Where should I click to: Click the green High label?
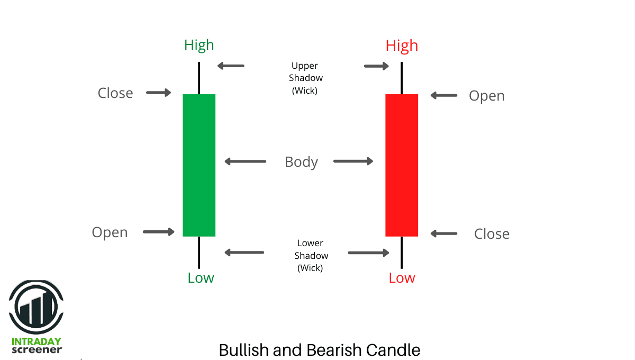pos(199,46)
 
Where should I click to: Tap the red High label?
pos(402,46)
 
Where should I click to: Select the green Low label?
pos(201,278)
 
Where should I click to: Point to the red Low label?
pos(402,278)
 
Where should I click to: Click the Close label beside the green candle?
pos(115,93)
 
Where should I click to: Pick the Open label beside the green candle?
pos(110,233)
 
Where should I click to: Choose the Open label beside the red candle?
pos(487,96)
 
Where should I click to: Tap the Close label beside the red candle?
pos(492,234)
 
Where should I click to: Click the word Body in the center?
pos(301,162)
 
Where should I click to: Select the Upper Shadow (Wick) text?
pos(305,78)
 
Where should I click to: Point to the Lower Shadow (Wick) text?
pos(311,256)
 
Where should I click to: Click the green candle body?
pos(199,165)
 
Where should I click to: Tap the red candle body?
pos(402,165)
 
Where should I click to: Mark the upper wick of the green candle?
pos(199,78)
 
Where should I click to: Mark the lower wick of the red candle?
pos(402,252)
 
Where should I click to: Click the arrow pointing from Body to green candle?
pos(245,161)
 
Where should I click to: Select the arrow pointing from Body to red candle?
pos(353,161)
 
